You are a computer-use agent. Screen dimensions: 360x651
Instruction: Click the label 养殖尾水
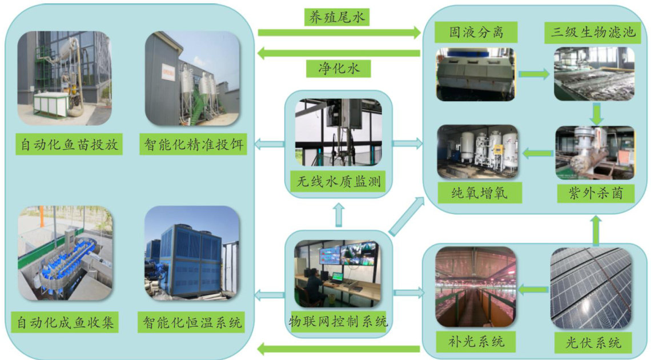coord(337,17)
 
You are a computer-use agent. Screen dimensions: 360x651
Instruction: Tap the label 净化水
coord(339,69)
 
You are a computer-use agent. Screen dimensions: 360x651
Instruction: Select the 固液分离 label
coord(468,32)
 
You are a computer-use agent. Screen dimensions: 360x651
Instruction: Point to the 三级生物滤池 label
coord(593,32)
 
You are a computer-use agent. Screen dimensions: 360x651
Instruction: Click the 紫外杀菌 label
coord(597,193)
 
